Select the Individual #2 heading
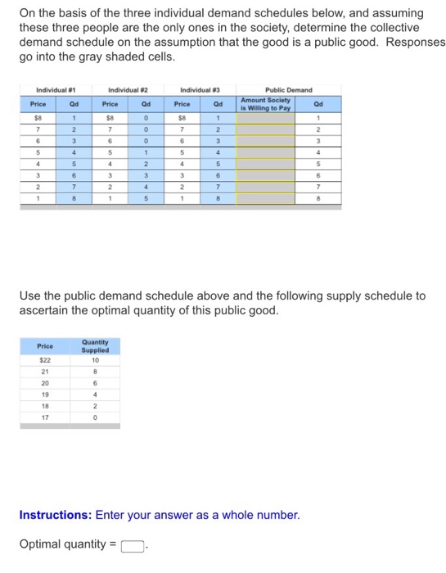point(128,90)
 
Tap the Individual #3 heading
point(199,90)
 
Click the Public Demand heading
point(288,90)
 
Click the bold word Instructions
point(55,516)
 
